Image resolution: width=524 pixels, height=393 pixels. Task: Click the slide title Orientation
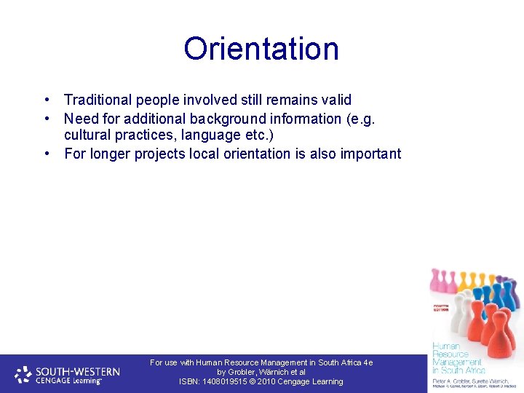click(x=261, y=49)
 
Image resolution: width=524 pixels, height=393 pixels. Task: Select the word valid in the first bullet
click(x=336, y=100)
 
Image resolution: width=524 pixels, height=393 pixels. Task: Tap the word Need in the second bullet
click(x=80, y=118)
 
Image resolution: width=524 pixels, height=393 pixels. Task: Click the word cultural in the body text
click(x=87, y=135)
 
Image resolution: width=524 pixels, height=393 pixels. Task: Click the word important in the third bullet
click(x=368, y=154)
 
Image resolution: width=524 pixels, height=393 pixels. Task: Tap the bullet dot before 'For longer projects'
click(x=47, y=154)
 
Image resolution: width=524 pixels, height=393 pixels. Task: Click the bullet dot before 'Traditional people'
click(x=47, y=100)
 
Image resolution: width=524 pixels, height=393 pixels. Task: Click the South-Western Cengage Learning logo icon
click(x=23, y=374)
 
